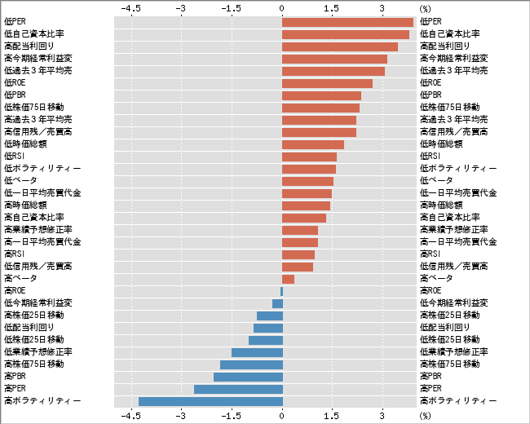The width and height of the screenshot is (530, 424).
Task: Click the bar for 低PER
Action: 347,22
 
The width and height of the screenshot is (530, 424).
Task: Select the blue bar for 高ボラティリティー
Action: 210,401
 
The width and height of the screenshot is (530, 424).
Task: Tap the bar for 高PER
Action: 238,389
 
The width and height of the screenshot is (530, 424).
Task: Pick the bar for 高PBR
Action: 248,377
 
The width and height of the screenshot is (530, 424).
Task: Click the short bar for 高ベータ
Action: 288,279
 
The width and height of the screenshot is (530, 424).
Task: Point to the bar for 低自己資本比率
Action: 346,34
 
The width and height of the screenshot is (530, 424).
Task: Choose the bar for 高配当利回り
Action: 340,46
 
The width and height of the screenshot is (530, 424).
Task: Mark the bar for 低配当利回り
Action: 267,328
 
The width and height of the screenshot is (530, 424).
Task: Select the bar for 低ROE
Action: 327,83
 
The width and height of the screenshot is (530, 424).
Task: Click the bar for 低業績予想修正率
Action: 257,352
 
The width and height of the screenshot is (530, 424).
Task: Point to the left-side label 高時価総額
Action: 25,205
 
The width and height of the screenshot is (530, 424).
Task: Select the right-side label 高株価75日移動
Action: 449,364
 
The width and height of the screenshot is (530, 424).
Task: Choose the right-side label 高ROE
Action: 431,291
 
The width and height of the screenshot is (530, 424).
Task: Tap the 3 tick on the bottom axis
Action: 382,416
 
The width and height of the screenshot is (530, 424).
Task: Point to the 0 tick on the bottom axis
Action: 282,416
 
